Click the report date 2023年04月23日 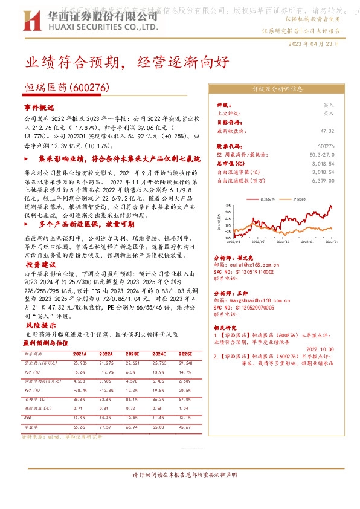click(313, 44)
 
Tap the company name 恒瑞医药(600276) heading click(66, 88)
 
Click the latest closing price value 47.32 click(327, 130)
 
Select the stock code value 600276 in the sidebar click(325, 147)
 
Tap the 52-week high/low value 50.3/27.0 click(321, 155)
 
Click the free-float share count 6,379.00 click(323, 180)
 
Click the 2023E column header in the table click(133, 354)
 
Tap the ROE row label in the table click(28, 417)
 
